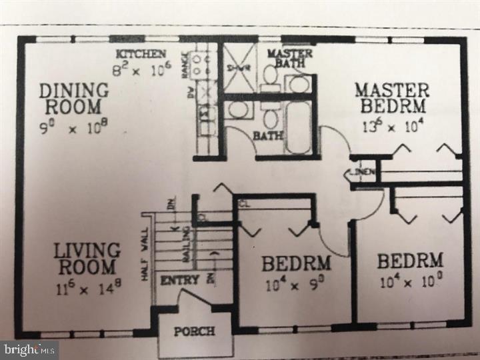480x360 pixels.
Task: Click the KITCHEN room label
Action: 141,53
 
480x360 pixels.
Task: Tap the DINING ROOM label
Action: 73,98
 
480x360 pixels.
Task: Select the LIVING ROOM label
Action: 87,259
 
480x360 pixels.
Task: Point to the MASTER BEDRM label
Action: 391,97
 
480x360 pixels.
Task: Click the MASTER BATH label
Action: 286,58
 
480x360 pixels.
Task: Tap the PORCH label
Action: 194,331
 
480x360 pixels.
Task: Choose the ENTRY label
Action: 180,280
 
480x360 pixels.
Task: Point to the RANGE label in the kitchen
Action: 186,65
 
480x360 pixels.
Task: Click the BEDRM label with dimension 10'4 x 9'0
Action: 296,263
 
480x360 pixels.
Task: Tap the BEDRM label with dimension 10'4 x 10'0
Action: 410,260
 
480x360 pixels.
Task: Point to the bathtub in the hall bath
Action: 299,127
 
